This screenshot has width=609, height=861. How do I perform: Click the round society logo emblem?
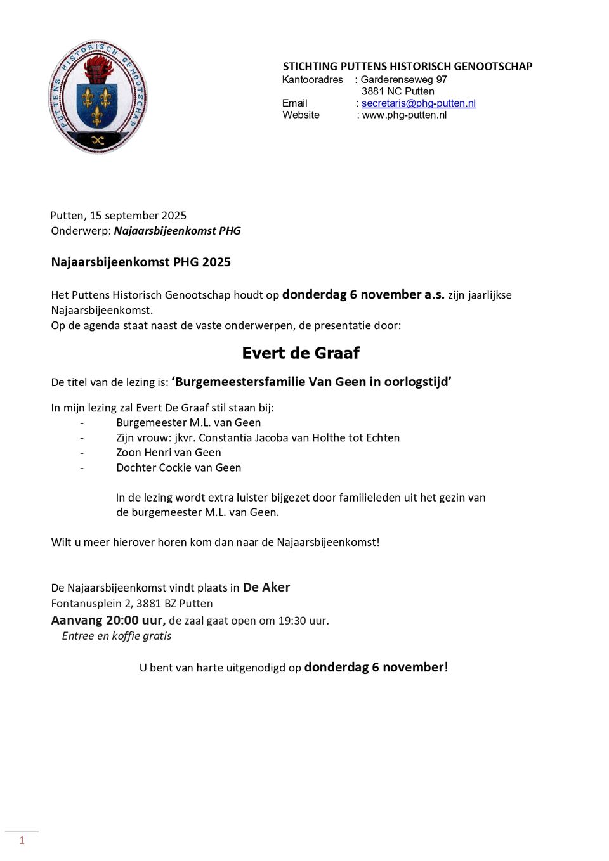98,96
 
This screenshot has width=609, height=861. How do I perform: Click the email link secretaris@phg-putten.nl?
418,103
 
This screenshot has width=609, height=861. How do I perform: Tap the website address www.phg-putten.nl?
404,115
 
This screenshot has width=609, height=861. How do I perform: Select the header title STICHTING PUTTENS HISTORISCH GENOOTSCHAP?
407,67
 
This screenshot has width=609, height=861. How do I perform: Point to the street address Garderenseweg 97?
403,80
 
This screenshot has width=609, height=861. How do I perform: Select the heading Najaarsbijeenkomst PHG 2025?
141,262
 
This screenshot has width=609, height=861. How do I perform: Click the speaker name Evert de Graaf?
301,353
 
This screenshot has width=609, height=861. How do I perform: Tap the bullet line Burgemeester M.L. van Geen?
188,423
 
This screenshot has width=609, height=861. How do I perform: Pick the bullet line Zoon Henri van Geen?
169,453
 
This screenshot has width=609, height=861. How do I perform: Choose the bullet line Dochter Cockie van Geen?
179,468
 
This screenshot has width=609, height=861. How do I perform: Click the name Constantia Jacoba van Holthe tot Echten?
299,438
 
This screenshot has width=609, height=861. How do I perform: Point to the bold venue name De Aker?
266,588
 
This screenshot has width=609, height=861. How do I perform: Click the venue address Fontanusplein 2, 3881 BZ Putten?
132,604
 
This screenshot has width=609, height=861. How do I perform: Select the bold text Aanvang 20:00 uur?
108,620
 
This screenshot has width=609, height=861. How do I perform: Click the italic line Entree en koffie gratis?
117,636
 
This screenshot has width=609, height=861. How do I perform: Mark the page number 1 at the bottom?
22,841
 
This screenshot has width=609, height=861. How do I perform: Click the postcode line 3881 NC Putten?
398,92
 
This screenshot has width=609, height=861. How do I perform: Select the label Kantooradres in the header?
312,80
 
